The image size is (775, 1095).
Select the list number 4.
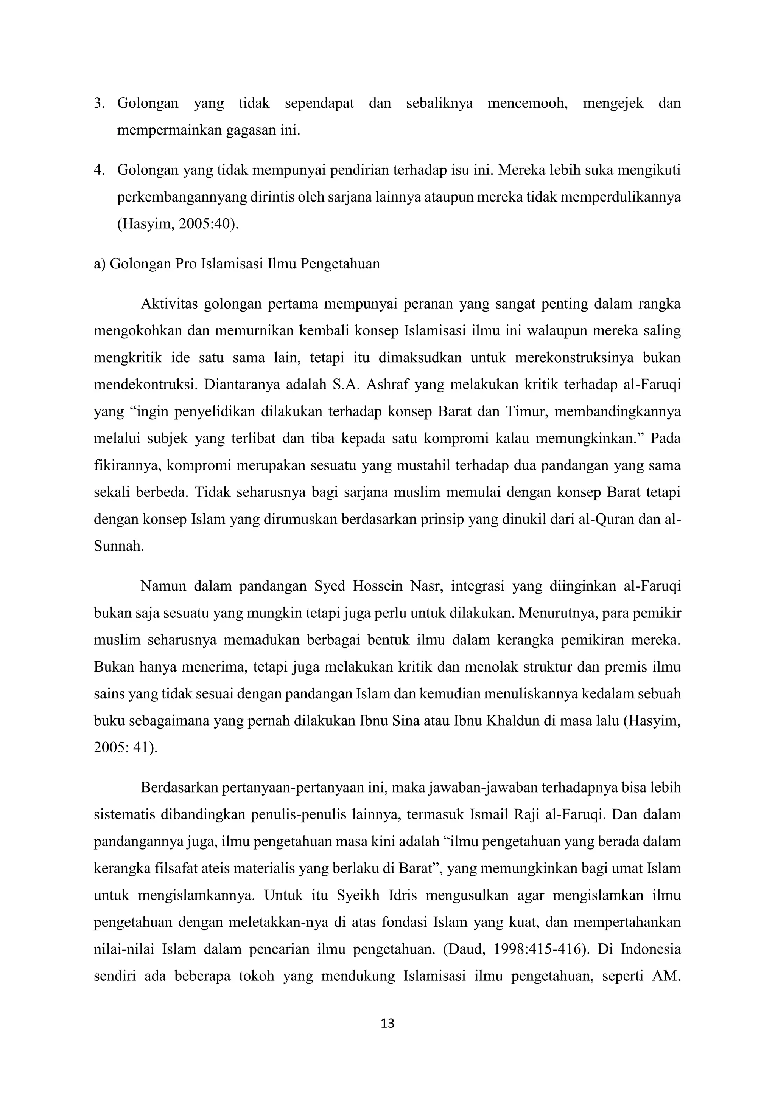tap(99, 170)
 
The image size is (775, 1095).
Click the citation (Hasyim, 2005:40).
tap(178, 224)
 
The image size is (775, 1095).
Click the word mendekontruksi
tap(145, 385)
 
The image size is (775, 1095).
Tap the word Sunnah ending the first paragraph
tap(118, 546)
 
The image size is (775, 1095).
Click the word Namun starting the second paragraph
tap(163, 586)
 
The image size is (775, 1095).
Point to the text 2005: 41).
tap(126, 747)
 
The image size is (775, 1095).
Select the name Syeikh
tap(358, 895)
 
